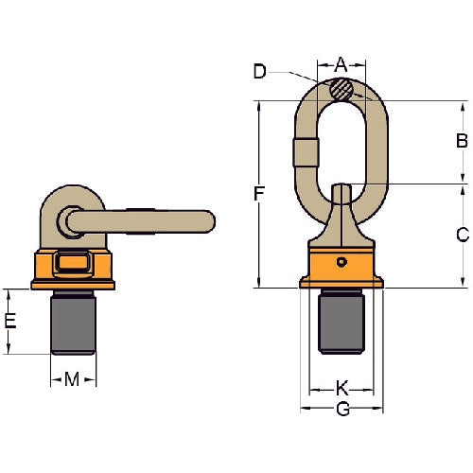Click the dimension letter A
tap(342, 65)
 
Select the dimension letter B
tap(462, 142)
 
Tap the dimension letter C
tap(462, 235)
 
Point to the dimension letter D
tap(261, 70)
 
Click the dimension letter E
tap(10, 321)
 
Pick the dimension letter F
tap(259, 194)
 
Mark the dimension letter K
tap(342, 387)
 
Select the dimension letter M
tap(72, 379)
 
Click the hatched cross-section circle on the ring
tap(342, 89)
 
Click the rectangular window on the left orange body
tap(72, 262)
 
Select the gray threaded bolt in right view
tap(342, 322)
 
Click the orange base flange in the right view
tap(342, 281)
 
